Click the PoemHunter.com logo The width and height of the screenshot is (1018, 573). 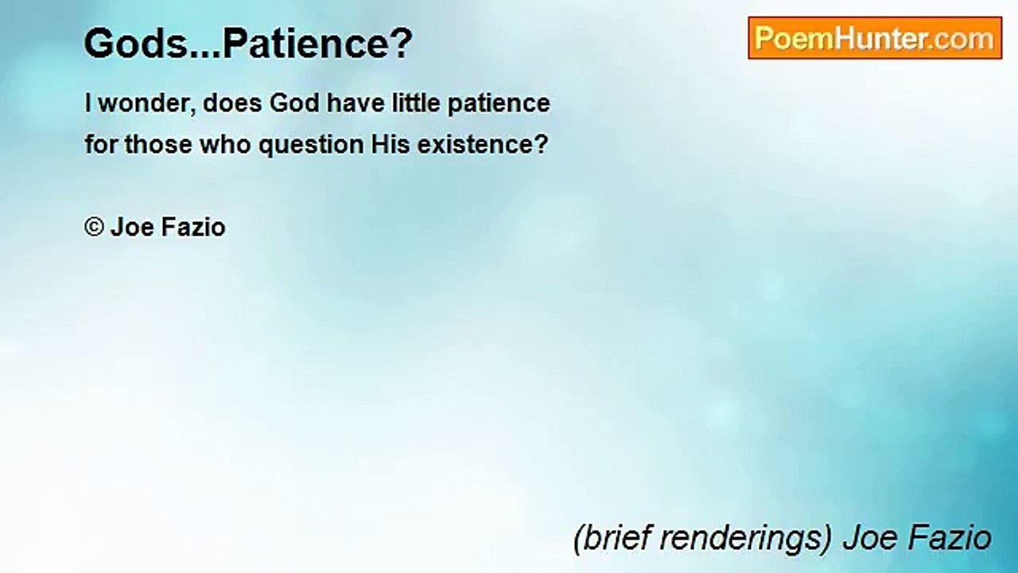874,38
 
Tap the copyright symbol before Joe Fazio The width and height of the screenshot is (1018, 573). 94,228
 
